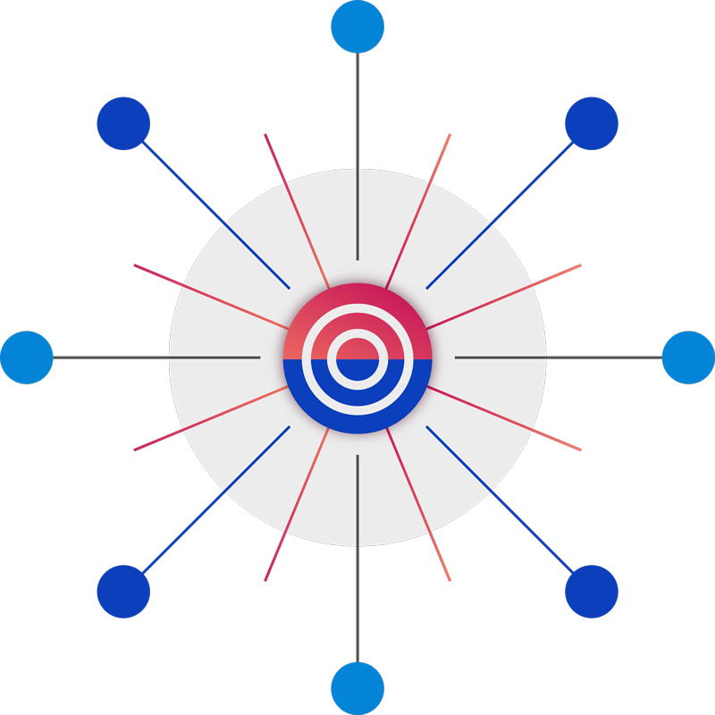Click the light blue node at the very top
click(x=357, y=27)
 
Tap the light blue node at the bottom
click(x=357, y=688)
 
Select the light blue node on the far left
click(x=27, y=357)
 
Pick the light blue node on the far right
click(x=688, y=357)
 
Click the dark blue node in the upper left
click(x=123, y=123)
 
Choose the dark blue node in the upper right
click(x=592, y=123)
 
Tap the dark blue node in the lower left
click(x=123, y=592)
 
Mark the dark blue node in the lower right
click(x=592, y=592)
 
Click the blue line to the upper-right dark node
click(x=500, y=214)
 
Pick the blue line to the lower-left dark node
click(x=214, y=500)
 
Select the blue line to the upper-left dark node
click(x=214, y=214)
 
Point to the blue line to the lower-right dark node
click(x=500, y=500)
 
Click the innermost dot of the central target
click(x=357, y=357)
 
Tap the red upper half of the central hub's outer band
click(x=357, y=295)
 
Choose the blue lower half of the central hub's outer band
click(x=357, y=422)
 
